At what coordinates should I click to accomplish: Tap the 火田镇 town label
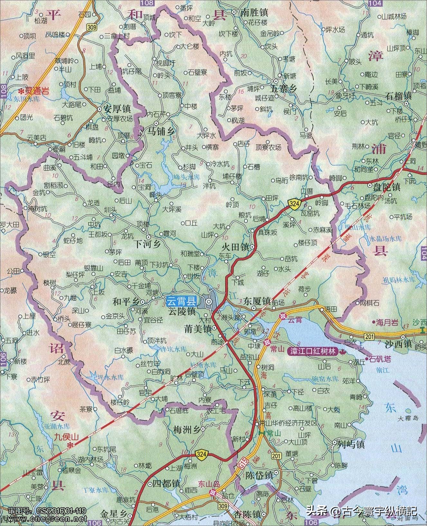click(x=236, y=247)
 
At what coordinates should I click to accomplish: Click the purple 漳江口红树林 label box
click(x=311, y=351)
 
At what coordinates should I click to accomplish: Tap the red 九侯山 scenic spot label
click(x=66, y=437)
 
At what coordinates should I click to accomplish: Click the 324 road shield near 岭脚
click(x=294, y=203)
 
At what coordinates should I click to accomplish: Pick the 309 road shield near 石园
click(x=91, y=28)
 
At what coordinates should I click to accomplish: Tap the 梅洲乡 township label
click(x=187, y=429)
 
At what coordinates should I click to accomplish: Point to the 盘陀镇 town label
click(x=386, y=187)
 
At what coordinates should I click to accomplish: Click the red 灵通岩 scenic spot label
click(x=38, y=91)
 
